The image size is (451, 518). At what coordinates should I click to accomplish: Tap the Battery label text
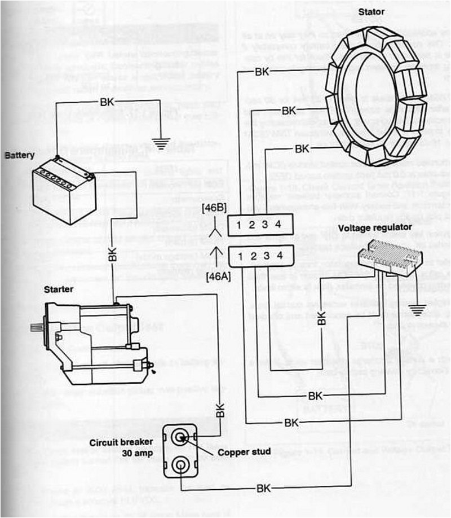click(x=20, y=154)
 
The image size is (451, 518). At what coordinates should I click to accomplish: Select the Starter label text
click(x=58, y=289)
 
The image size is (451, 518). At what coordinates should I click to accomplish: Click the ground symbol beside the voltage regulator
click(x=418, y=309)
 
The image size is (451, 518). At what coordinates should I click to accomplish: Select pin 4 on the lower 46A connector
click(x=279, y=256)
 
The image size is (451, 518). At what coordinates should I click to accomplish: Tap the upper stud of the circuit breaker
click(x=180, y=437)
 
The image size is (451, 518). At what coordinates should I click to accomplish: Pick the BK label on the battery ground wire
click(x=107, y=102)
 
